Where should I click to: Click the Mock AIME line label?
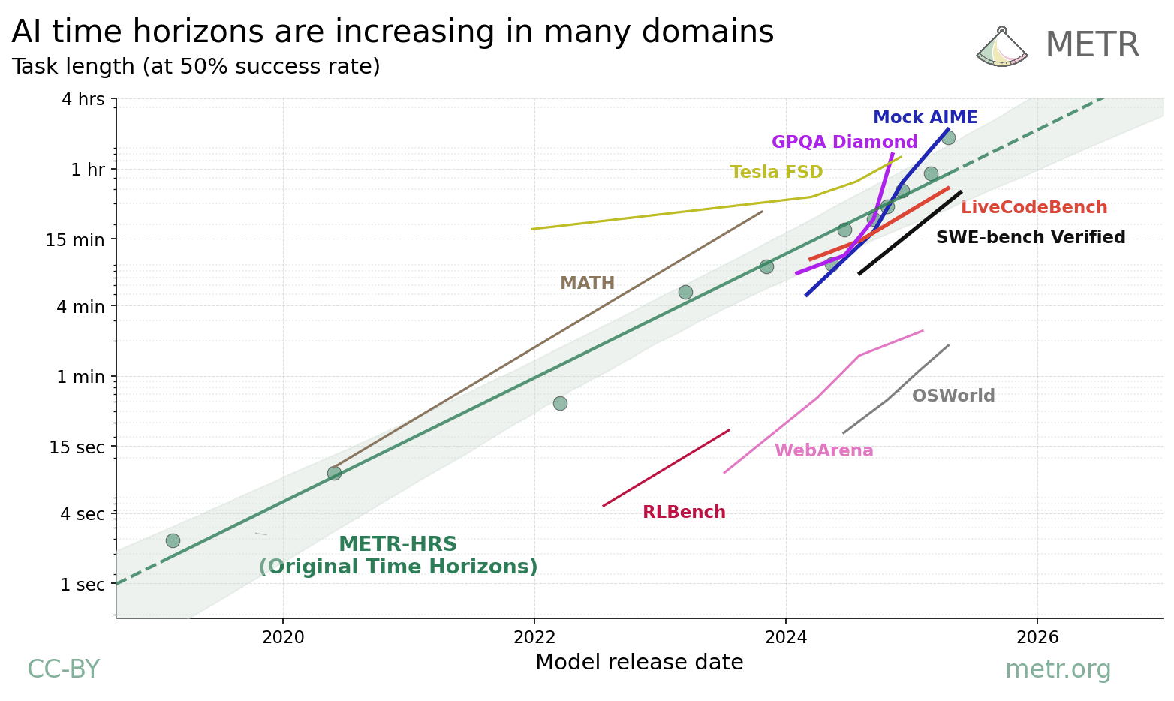click(x=925, y=118)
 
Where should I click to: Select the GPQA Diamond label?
click(x=844, y=143)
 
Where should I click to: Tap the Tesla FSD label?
click(x=776, y=173)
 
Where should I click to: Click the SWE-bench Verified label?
click(x=1030, y=238)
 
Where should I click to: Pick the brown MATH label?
click(x=587, y=284)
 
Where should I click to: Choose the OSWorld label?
click(x=953, y=396)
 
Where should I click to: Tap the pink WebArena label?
click(x=823, y=451)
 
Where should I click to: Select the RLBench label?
click(x=684, y=513)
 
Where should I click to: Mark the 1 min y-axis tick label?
click(x=80, y=377)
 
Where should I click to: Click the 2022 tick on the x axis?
click(x=534, y=637)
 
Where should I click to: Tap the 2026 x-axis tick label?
click(x=1037, y=637)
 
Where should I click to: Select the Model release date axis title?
click(x=639, y=663)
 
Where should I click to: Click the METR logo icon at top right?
click(x=1001, y=47)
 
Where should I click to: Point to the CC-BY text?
click(x=63, y=669)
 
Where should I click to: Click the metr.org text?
click(x=1058, y=669)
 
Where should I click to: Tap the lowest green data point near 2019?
click(x=173, y=540)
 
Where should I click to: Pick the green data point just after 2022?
click(x=560, y=403)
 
